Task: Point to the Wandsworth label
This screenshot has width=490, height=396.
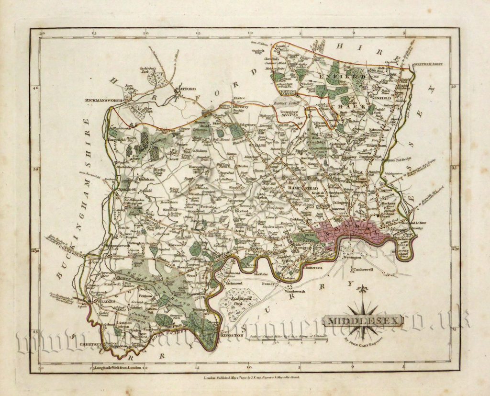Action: click(x=297, y=291)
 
